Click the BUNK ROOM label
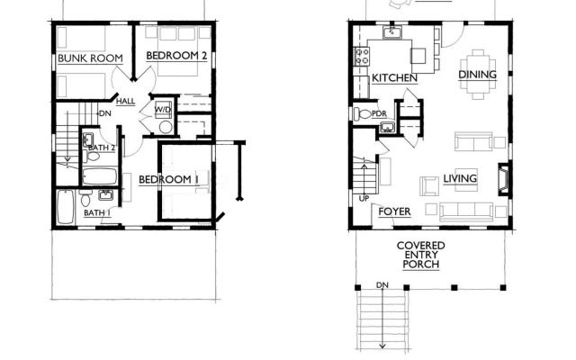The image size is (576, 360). pyautogui.click(x=90, y=58)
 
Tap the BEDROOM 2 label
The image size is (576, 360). pyautogui.click(x=176, y=56)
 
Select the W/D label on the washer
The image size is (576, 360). pyautogui.click(x=162, y=110)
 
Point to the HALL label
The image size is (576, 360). pyautogui.click(x=126, y=101)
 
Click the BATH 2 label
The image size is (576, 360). pyautogui.click(x=102, y=148)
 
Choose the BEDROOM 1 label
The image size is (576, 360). pyautogui.click(x=169, y=180)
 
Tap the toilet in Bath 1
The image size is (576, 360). pyautogui.click(x=85, y=198)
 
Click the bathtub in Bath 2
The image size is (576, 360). pyautogui.click(x=100, y=176)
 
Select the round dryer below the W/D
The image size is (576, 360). pyautogui.click(x=166, y=127)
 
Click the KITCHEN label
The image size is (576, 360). pyautogui.click(x=394, y=78)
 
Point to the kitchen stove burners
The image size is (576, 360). pyautogui.click(x=362, y=56)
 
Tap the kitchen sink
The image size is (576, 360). pyautogui.click(x=392, y=32)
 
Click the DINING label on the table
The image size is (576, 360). pyautogui.click(x=478, y=75)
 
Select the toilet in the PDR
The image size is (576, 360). pyautogui.click(x=363, y=113)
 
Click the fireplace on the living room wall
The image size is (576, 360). pyautogui.click(x=504, y=179)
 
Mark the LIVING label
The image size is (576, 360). pyautogui.click(x=460, y=179)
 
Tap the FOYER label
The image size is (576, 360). pyautogui.click(x=394, y=212)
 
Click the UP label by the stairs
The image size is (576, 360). pyautogui.click(x=364, y=199)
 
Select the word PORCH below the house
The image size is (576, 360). pyautogui.click(x=421, y=265)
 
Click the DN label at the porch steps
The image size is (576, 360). pyautogui.click(x=382, y=285)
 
